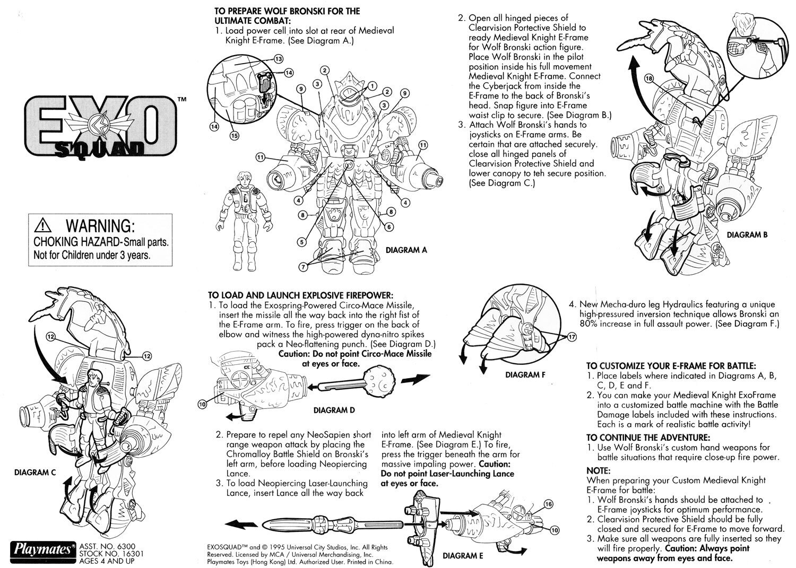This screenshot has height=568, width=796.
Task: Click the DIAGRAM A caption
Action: point(406,250)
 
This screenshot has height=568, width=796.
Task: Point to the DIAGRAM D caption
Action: point(334,410)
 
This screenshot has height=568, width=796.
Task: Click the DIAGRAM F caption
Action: point(525,374)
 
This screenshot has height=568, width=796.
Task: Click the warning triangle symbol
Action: point(41,226)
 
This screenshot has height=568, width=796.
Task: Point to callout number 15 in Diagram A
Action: point(234,135)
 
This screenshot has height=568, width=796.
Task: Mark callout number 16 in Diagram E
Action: point(548,504)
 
